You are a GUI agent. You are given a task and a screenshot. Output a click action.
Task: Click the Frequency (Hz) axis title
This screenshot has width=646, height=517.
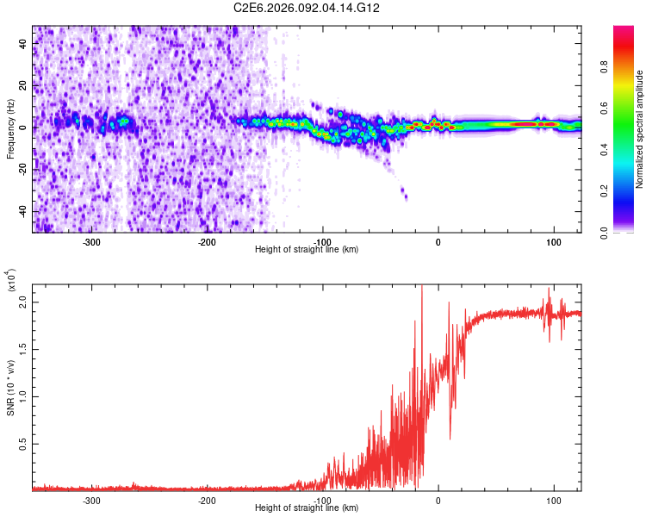[x=10, y=129]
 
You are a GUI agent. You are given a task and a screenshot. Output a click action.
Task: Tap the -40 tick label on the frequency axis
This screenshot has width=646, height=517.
[x=23, y=211]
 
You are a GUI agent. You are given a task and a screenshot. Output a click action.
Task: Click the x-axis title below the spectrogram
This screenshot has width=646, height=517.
[x=307, y=249]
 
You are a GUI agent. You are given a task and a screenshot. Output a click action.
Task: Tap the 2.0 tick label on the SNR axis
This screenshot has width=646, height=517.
[x=23, y=302]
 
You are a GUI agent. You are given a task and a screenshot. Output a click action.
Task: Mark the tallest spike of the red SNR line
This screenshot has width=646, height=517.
[x=421, y=287]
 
